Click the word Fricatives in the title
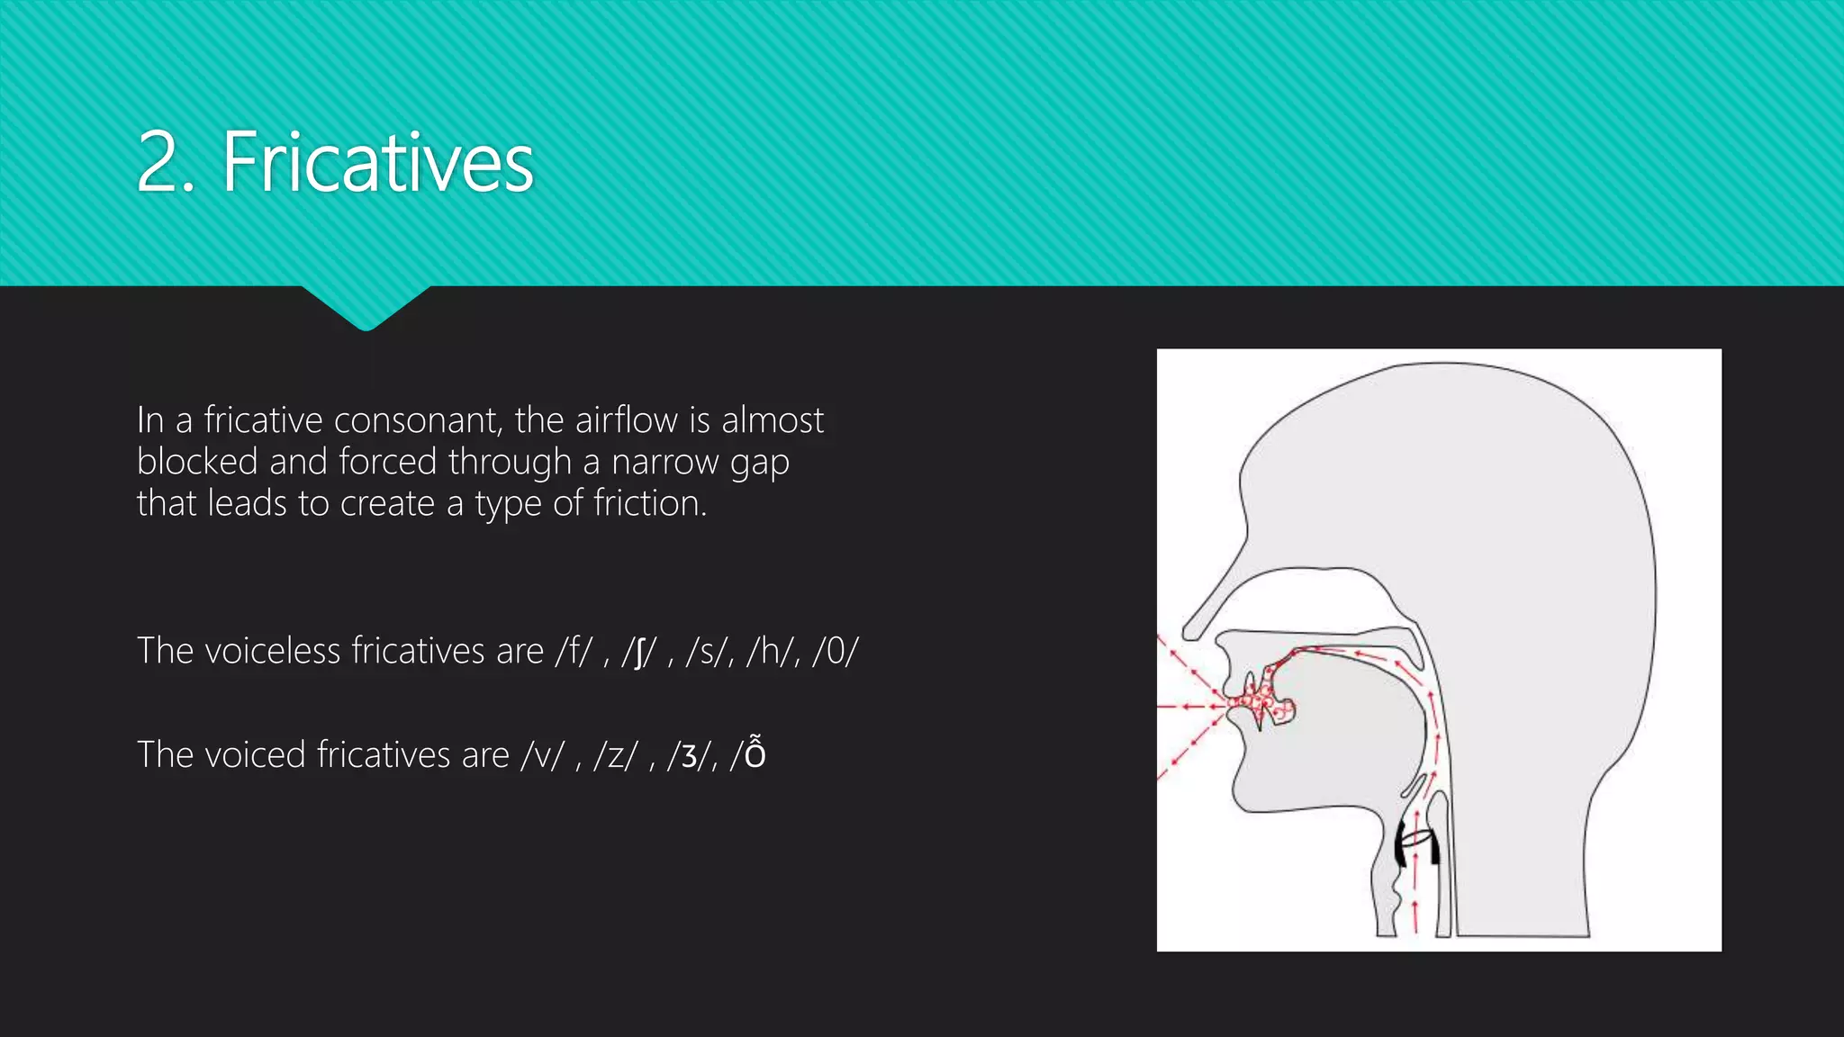[x=377, y=163]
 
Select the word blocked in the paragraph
[x=197, y=462]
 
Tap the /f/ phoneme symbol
[x=574, y=651]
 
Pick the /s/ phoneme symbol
[x=704, y=651]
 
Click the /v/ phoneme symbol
[x=542, y=754]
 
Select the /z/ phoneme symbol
[x=615, y=754]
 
